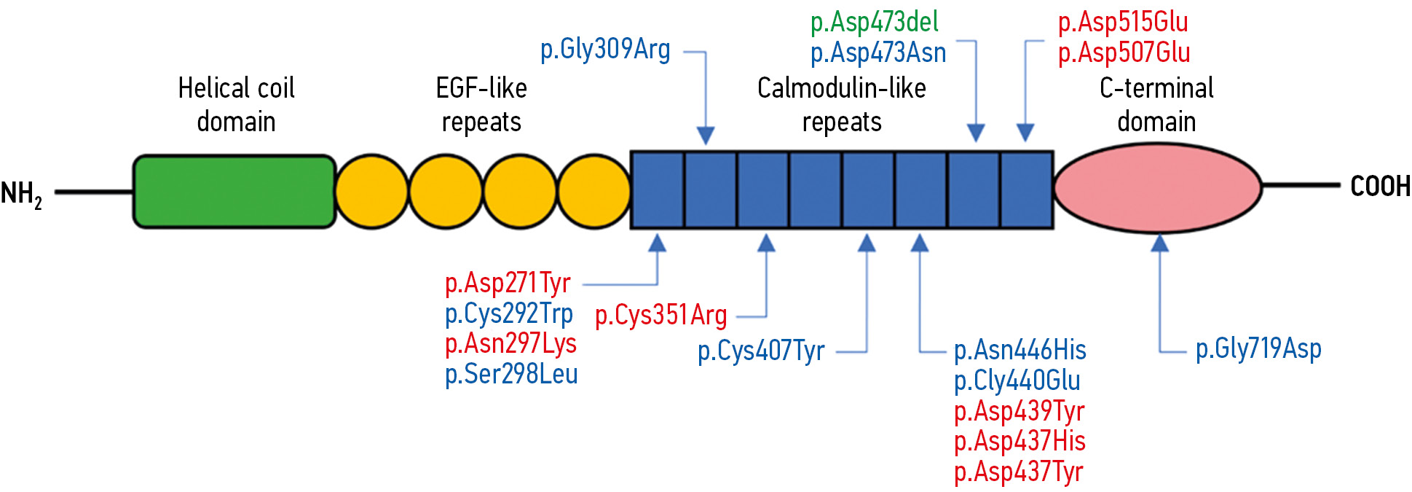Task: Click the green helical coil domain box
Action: (234, 192)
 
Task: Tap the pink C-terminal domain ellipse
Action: (1157, 188)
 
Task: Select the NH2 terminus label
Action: (21, 194)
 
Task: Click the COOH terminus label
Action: (1379, 187)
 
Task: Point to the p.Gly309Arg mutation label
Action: (605, 50)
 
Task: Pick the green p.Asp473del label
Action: (874, 23)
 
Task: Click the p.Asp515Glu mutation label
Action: (1122, 23)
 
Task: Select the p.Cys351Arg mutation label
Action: (660, 316)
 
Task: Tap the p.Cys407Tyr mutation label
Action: (761, 351)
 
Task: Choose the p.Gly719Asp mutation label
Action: (1258, 349)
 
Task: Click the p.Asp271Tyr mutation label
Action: (508, 283)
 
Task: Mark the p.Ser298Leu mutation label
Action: (511, 374)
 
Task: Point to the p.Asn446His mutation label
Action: (1019, 351)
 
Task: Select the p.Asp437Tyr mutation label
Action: (1018, 472)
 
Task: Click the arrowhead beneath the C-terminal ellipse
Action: (1159, 243)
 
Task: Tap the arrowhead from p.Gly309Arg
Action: (705, 135)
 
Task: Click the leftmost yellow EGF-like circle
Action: (372, 192)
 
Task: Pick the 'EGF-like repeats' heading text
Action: (481, 105)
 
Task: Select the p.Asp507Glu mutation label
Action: (1124, 53)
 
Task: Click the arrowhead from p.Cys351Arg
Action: (766, 243)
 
